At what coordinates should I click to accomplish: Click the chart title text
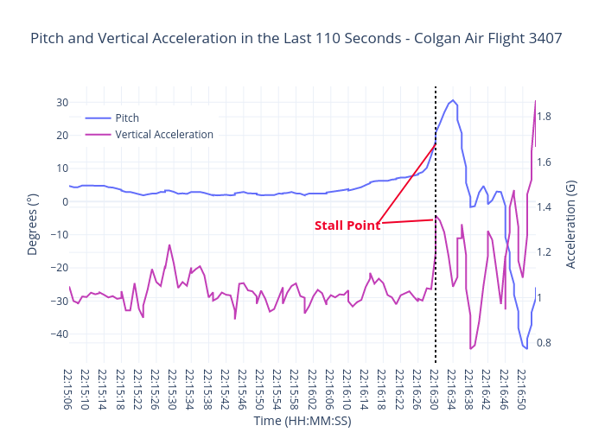296,38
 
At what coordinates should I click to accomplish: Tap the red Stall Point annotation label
347,226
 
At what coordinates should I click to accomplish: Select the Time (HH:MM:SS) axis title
302,421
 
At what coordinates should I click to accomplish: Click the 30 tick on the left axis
62,102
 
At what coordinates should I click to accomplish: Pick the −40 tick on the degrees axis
59,334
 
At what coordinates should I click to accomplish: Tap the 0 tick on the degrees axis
65,201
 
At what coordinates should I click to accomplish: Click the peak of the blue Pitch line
454,100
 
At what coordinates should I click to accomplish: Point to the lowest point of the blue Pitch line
525,348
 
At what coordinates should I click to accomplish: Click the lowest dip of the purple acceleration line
471,348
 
